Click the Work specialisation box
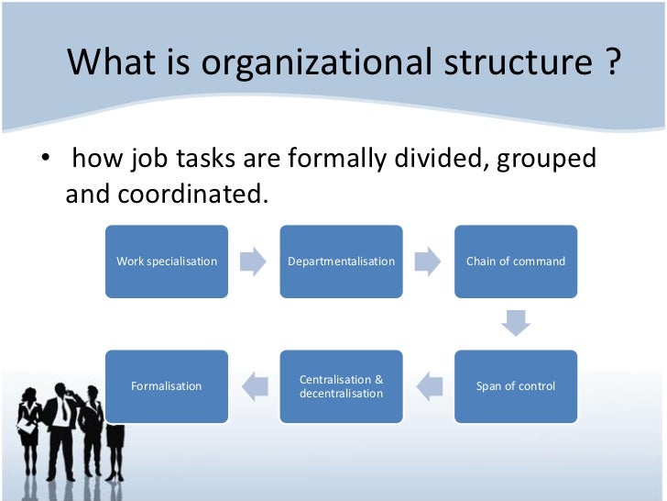point(167,262)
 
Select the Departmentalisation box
point(341,262)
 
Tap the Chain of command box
point(516,262)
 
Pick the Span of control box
point(516,386)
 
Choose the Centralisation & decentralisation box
point(341,386)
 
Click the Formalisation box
point(167,386)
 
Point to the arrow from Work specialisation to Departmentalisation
point(253,262)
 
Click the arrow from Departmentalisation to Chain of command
point(427,262)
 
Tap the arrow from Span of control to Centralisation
point(428,386)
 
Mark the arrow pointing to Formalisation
point(254,386)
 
